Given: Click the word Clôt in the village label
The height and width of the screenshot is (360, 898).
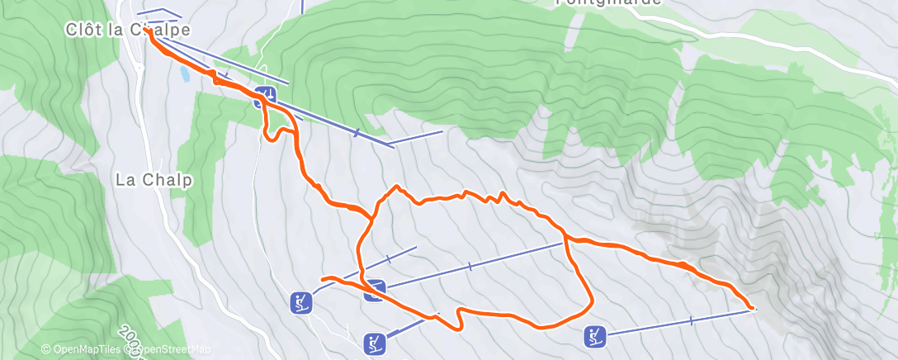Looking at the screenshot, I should [x=83, y=29].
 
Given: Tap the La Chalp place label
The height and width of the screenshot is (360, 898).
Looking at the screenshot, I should [x=154, y=179].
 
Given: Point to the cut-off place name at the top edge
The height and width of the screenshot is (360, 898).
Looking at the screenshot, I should [x=608, y=2].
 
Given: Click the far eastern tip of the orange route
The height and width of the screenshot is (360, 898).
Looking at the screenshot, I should [x=752, y=307].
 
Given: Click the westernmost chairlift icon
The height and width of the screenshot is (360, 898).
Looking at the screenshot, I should [x=301, y=302].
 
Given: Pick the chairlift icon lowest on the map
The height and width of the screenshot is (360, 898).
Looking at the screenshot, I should [x=374, y=342].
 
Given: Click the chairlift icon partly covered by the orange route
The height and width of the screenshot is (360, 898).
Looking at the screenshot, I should [x=376, y=289].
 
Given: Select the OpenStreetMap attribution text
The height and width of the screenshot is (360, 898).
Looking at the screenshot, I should [x=170, y=350].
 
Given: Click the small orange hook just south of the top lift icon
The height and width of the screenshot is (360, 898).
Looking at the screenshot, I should [x=271, y=135].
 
